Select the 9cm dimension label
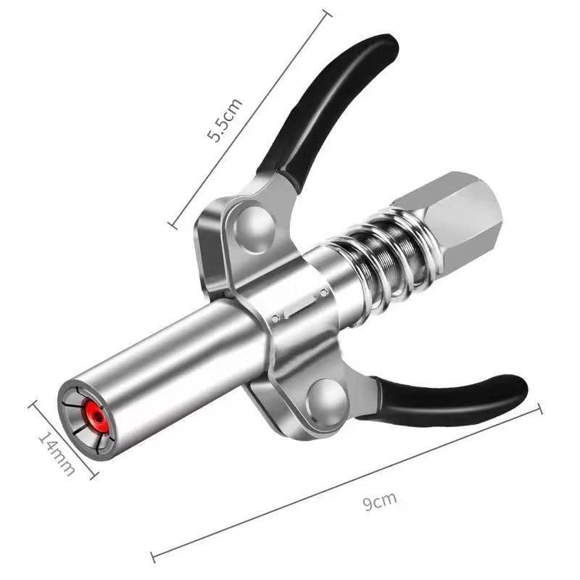[x=380, y=500]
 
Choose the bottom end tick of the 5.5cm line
[x=173, y=224]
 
